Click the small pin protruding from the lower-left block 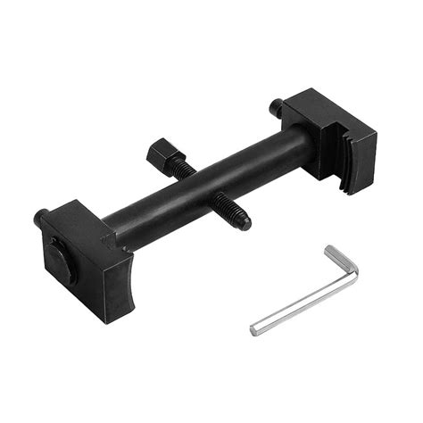click(x=40, y=217)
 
